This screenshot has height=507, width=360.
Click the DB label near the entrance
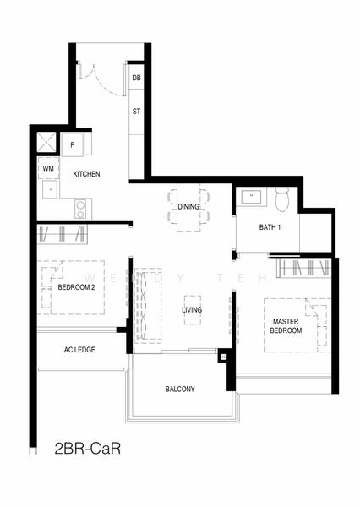pos(137,78)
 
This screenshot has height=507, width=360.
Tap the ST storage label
pos(137,112)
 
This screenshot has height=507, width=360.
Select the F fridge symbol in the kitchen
pos(73,144)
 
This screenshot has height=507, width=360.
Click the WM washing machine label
pos(48,168)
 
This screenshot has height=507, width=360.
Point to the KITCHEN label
pos(86,174)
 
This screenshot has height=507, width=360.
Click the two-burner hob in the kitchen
pos(80,209)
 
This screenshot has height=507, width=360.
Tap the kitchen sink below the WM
pos(50,189)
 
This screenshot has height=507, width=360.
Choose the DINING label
pos(188,207)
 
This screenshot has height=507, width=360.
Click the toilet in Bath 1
pos(281,199)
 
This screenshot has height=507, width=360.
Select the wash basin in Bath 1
pos(251,197)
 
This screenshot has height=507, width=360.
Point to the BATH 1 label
pos(270,227)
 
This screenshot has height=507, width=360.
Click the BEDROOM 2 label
pos(76,287)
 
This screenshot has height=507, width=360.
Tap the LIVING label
pos(192,310)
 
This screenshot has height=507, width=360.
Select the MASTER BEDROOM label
pos(286,326)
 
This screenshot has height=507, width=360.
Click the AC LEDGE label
pos(79,350)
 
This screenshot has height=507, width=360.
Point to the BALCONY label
pos(180,389)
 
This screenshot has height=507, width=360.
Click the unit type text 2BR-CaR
pos(88,449)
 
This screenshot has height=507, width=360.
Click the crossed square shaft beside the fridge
pos(46,142)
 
